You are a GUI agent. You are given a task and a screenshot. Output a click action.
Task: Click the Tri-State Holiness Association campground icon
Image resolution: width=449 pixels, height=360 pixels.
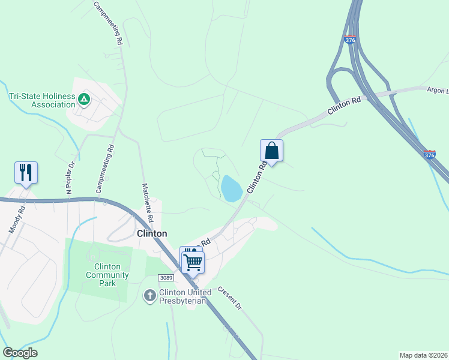84,99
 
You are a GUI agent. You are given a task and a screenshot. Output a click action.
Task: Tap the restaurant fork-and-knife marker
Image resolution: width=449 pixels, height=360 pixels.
26,172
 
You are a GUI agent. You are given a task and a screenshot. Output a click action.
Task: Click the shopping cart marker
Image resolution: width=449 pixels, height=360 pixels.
193,262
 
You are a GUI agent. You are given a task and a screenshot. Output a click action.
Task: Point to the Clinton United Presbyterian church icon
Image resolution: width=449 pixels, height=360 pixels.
150,295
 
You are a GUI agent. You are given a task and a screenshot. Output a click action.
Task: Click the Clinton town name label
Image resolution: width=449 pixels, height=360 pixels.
152,233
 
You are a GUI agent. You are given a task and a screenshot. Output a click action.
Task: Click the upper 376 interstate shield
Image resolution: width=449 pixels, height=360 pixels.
351,40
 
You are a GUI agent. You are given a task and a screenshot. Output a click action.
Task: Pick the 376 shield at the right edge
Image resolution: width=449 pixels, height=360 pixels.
429,155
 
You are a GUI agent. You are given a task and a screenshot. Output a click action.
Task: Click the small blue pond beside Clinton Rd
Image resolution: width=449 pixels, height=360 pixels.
231,188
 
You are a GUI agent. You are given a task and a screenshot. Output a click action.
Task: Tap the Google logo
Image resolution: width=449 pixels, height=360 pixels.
20,353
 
